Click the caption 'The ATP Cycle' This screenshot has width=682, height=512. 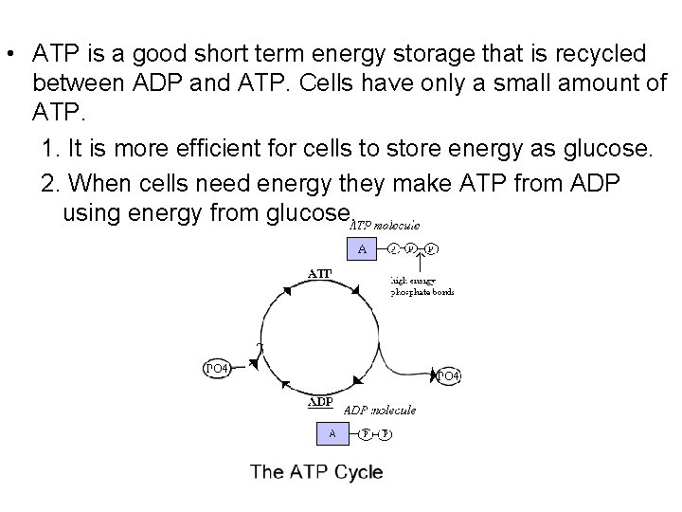pos(316,472)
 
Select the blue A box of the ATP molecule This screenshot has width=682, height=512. pos(360,249)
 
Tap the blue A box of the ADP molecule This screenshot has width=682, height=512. pos(332,433)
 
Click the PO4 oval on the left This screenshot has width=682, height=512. pos(216,367)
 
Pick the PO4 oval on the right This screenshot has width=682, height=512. pos(448,376)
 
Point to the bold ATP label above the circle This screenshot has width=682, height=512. pos(318,274)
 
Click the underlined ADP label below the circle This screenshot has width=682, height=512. pos(320,402)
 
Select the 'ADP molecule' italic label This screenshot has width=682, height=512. pos(378,410)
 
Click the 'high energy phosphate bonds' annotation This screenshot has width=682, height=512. pos(422,285)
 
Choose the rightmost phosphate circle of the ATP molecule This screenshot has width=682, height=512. pos(430,249)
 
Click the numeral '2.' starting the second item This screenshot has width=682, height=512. pos(52,180)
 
